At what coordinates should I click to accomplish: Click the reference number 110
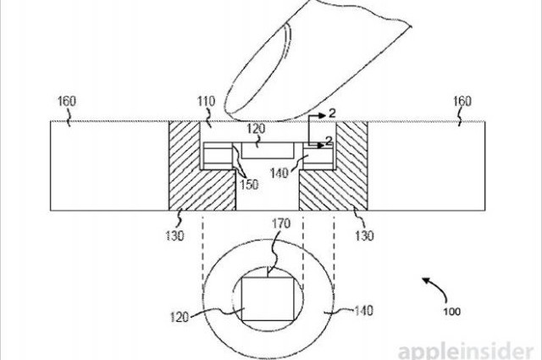tap(206, 102)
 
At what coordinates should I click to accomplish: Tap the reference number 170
tap(280, 224)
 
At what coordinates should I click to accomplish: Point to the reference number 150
tap(249, 185)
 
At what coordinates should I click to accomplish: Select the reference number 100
tap(451, 311)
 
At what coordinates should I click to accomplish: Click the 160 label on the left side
tap(66, 102)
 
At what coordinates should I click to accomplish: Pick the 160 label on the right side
tap(462, 102)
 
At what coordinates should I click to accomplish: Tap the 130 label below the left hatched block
tap(174, 235)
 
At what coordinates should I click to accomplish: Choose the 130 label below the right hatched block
tap(364, 235)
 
